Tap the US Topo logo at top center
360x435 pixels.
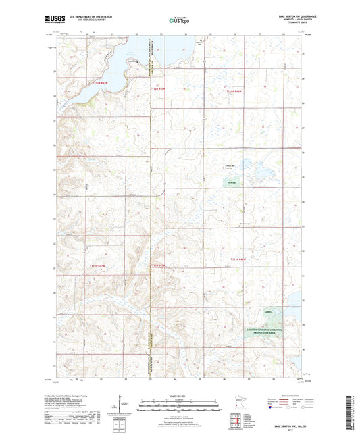pos(179,20)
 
